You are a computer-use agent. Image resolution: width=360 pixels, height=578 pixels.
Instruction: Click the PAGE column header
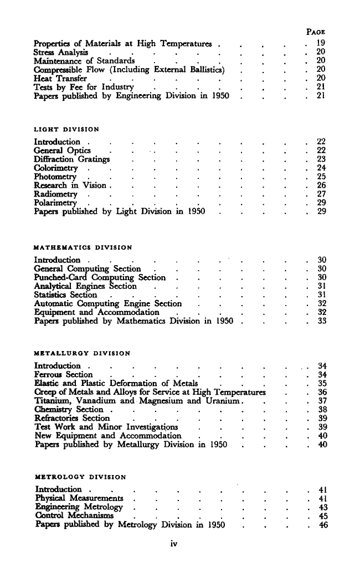[x=315, y=32]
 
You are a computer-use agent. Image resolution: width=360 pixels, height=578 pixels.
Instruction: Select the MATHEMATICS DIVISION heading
[x=83, y=247]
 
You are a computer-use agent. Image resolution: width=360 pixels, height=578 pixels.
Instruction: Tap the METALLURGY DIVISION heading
[x=82, y=353]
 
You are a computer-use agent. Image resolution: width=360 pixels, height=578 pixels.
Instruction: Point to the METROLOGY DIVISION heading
[x=80, y=477]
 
